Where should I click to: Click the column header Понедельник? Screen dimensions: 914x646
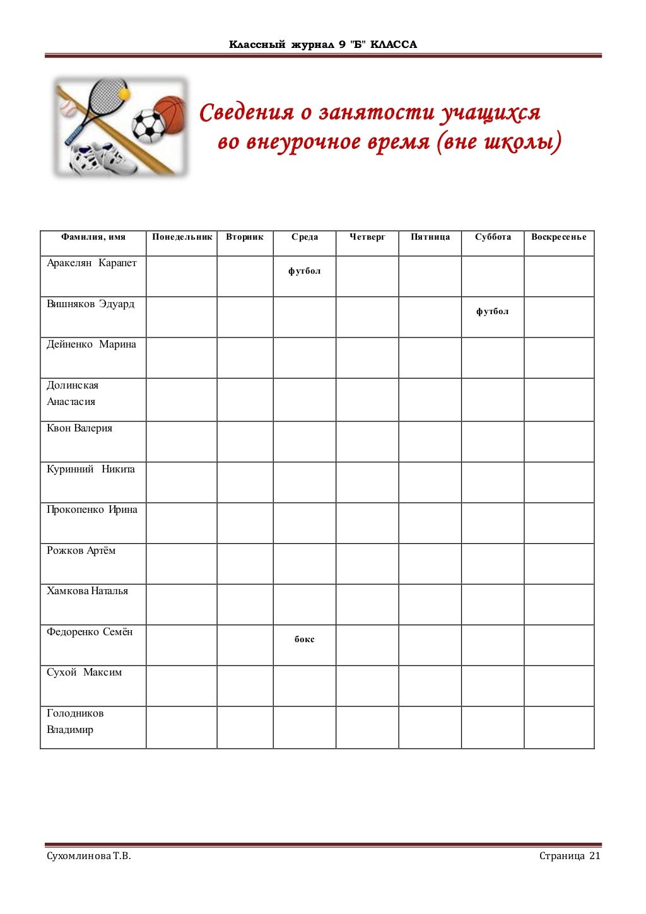[182, 237]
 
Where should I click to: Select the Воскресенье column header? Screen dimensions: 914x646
[558, 237]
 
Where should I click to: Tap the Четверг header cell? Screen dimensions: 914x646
[367, 237]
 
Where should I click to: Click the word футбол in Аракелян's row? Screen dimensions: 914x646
[304, 271]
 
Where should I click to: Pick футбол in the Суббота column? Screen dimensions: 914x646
[492, 312]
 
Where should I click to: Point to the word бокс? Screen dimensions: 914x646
[304, 640]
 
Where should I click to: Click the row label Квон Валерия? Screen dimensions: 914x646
[79, 428]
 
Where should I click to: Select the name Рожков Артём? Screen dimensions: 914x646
[81, 551]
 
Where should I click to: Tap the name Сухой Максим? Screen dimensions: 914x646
[84, 672]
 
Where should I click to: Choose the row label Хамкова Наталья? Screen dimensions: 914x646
[87, 591]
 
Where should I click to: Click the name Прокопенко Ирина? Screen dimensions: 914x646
[91, 510]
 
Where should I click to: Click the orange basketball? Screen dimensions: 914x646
[171, 114]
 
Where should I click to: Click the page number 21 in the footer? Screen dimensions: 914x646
[595, 856]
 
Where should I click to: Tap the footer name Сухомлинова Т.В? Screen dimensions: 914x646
[89, 856]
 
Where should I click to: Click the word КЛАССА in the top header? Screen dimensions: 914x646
[394, 45]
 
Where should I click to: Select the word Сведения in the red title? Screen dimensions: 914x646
[247, 113]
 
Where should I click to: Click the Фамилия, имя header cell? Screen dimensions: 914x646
[93, 237]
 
